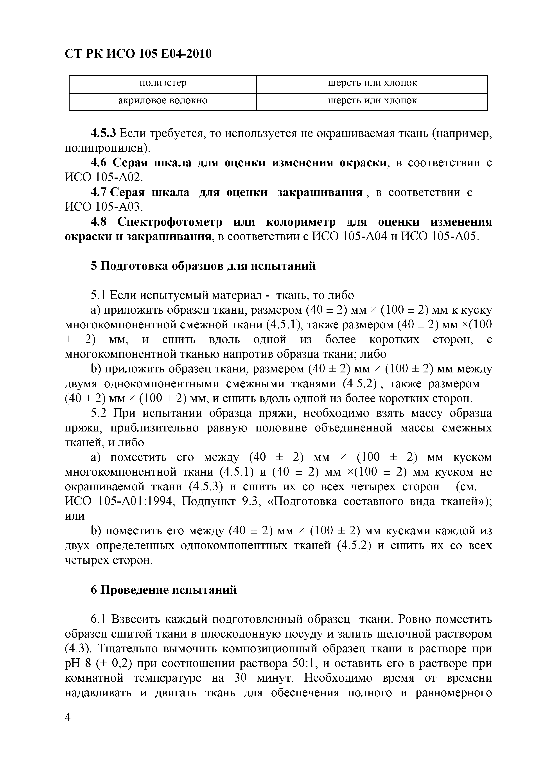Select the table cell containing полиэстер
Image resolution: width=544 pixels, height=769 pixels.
pyautogui.click(x=163, y=83)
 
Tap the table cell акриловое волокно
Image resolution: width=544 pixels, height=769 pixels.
pyautogui.click(x=163, y=101)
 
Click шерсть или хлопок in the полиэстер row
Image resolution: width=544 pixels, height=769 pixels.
pyautogui.click(x=372, y=83)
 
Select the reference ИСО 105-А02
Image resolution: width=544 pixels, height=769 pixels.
pyautogui.click(x=104, y=178)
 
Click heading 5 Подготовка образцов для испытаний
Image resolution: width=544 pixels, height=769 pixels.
pyautogui.click(x=203, y=266)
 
